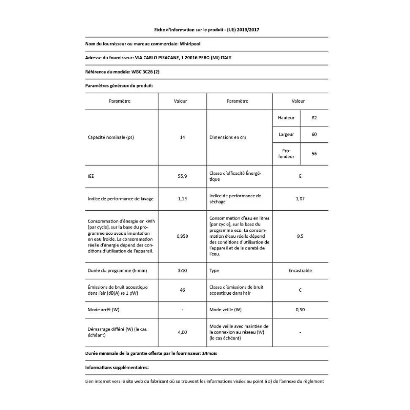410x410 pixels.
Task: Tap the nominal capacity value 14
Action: (182, 137)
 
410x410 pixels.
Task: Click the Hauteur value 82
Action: (314, 118)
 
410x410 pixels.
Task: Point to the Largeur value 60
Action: (314, 134)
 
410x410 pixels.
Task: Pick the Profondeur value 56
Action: (314, 154)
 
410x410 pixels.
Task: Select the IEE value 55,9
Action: (182, 176)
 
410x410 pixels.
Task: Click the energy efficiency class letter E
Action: (300, 176)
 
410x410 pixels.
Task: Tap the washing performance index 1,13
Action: (182, 198)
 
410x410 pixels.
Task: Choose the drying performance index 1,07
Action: (300, 198)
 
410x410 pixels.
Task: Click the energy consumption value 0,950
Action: (182, 236)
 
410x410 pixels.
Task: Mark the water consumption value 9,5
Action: (300, 236)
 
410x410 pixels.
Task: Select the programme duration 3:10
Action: (182, 271)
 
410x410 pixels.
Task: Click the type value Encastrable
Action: (300, 271)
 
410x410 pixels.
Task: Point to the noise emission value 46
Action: (182, 290)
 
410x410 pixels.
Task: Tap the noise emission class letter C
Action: (300, 290)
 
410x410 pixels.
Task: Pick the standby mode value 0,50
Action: (300, 310)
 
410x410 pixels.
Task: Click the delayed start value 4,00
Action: (182, 332)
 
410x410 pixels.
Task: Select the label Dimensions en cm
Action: (228, 137)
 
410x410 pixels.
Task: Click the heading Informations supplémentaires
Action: (117, 368)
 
